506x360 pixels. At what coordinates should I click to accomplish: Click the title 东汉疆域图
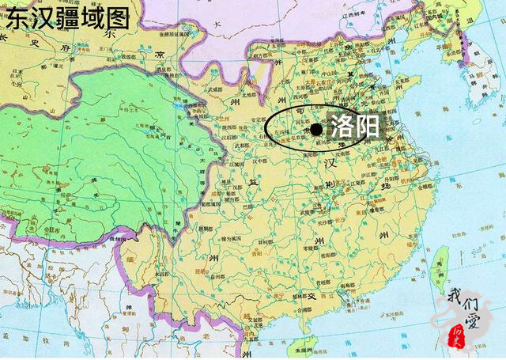67,17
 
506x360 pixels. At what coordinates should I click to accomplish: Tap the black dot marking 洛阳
316,129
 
